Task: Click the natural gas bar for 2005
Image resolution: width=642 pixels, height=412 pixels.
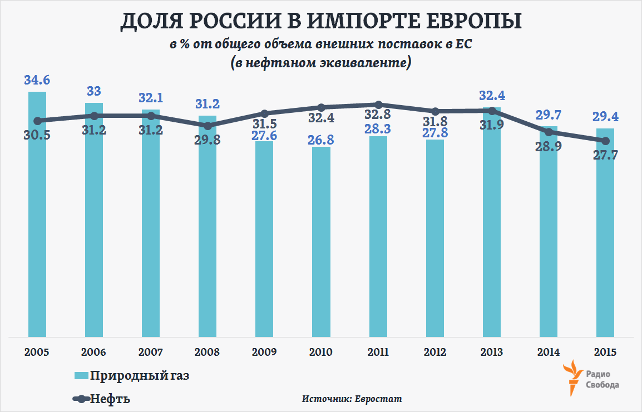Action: coord(37,222)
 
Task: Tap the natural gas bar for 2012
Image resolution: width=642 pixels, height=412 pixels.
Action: coord(434,239)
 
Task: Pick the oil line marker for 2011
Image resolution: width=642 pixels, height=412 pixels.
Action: coord(378,105)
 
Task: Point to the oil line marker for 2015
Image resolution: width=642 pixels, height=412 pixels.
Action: coord(605,141)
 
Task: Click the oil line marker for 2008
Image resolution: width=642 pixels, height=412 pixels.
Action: coord(208,126)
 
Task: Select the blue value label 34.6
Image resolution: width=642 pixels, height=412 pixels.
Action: coord(37,80)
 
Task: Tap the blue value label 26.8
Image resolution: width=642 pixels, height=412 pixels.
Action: coord(321,139)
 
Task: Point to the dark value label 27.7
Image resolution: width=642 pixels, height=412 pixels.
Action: coord(605,156)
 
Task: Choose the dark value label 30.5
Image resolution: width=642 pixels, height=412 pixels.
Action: coord(37,135)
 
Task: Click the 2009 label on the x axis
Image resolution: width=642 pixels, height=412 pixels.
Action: coord(264,353)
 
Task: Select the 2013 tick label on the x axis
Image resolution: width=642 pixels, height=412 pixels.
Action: coord(491,353)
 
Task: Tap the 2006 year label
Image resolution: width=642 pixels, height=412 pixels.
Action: coord(94,353)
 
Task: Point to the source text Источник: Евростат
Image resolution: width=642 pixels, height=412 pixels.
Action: coord(352,399)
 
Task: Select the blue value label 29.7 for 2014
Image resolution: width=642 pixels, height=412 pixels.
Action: coord(548,115)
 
